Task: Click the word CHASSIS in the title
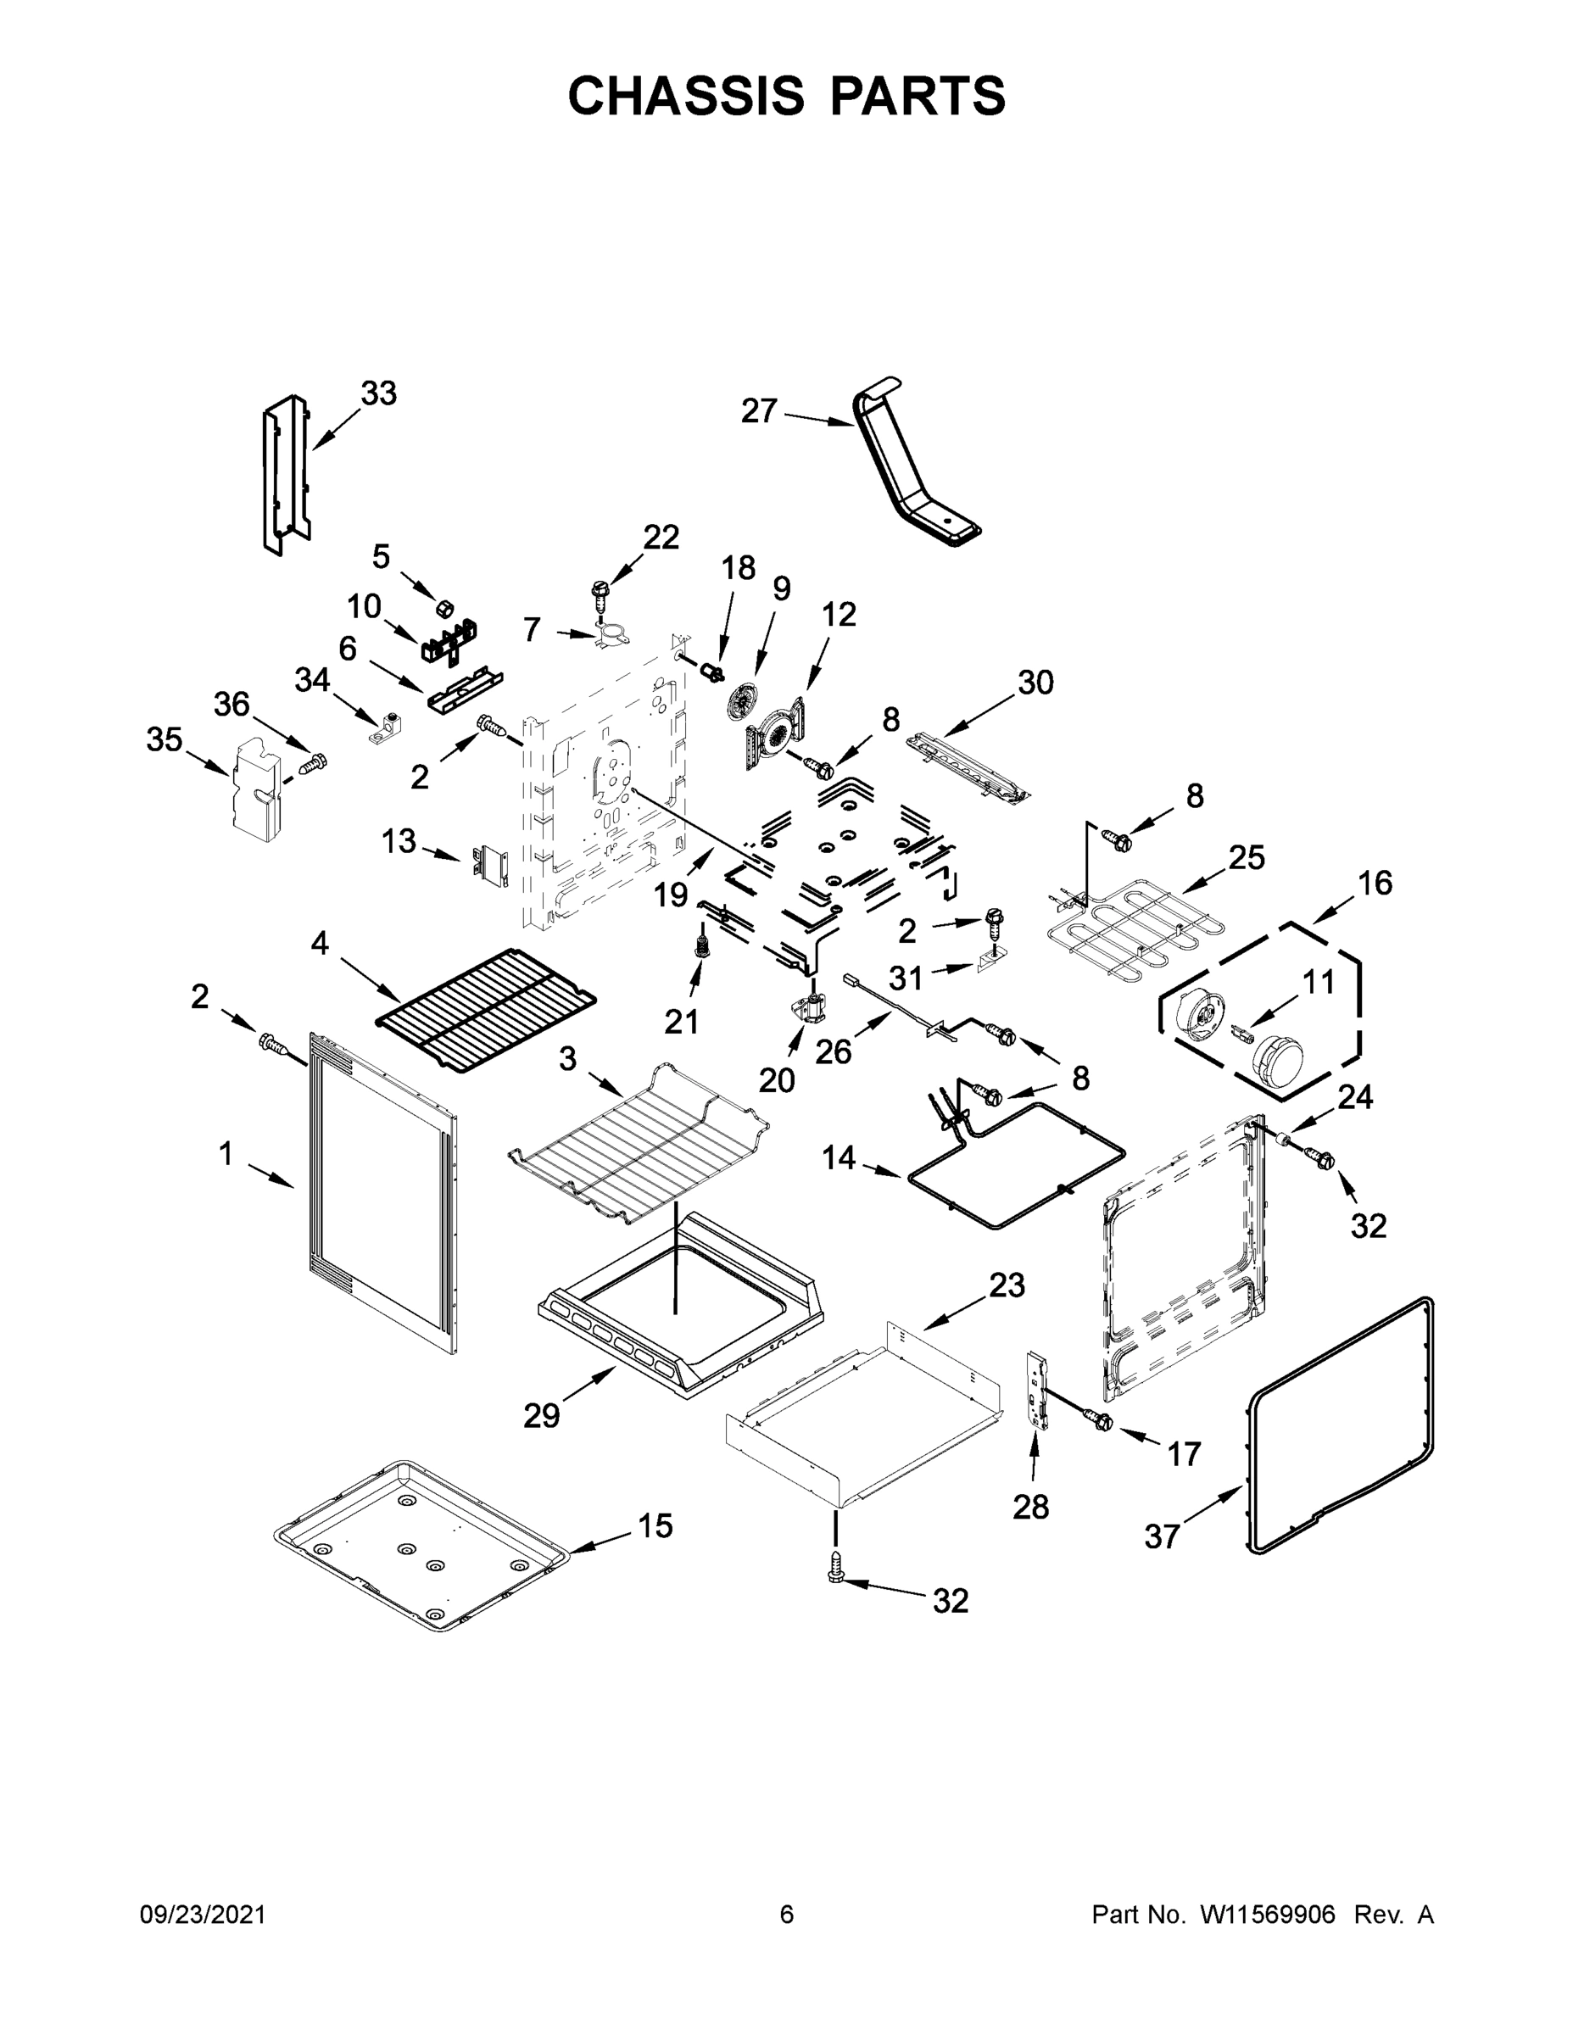pyautogui.click(x=686, y=96)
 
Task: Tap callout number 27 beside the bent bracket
pyautogui.click(x=759, y=411)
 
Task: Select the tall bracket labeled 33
pyautogui.click(x=285, y=475)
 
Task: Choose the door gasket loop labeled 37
pyautogui.click(x=1342, y=1425)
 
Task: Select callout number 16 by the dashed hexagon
pyautogui.click(x=1375, y=883)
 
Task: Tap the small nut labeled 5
pyautogui.click(x=445, y=609)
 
